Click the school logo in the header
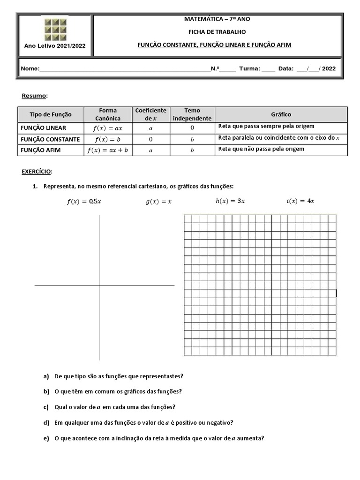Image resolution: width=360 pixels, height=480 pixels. point(55,29)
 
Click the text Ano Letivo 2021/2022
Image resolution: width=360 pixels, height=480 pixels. point(55,45)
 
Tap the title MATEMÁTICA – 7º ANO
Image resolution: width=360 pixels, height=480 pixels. point(217,19)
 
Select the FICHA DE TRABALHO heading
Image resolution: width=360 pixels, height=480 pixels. point(217,32)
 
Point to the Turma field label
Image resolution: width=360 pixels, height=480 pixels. point(249,68)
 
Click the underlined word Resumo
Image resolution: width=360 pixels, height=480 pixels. point(34,96)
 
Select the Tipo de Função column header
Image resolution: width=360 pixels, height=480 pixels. point(51,114)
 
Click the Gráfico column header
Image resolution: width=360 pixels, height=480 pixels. point(281,114)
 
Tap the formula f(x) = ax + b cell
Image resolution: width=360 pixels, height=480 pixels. point(108,150)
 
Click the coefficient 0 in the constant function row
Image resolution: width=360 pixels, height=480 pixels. point(150,139)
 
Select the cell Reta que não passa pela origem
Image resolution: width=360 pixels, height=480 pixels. point(261,149)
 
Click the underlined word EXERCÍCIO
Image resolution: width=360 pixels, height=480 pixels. point(37,172)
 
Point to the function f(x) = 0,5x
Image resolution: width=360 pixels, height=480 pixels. point(84,202)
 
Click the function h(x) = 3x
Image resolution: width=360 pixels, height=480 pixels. point(230,201)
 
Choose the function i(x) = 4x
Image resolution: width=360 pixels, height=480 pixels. point(300,201)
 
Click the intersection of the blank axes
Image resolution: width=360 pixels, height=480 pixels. point(99,285)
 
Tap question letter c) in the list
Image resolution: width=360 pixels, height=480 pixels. point(46,407)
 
